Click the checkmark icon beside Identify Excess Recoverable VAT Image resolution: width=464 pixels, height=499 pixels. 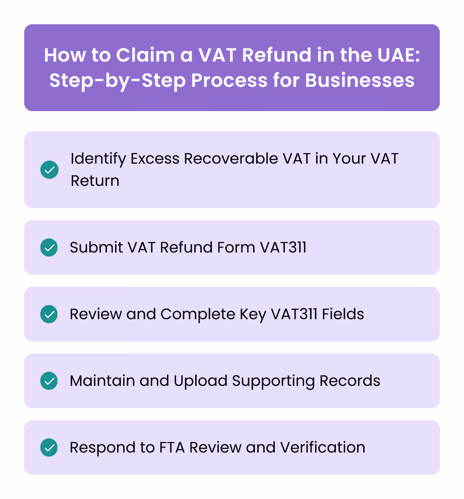click(49, 170)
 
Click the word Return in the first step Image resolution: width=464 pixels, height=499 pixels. click(95, 181)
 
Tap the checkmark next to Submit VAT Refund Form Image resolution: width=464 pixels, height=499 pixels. click(49, 247)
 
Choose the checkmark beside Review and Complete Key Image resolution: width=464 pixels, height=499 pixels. click(49, 314)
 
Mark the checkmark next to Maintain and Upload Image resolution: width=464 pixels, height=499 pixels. click(49, 381)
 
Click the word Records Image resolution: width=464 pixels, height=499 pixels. click(350, 381)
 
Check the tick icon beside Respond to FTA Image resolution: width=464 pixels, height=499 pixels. click(49, 447)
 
